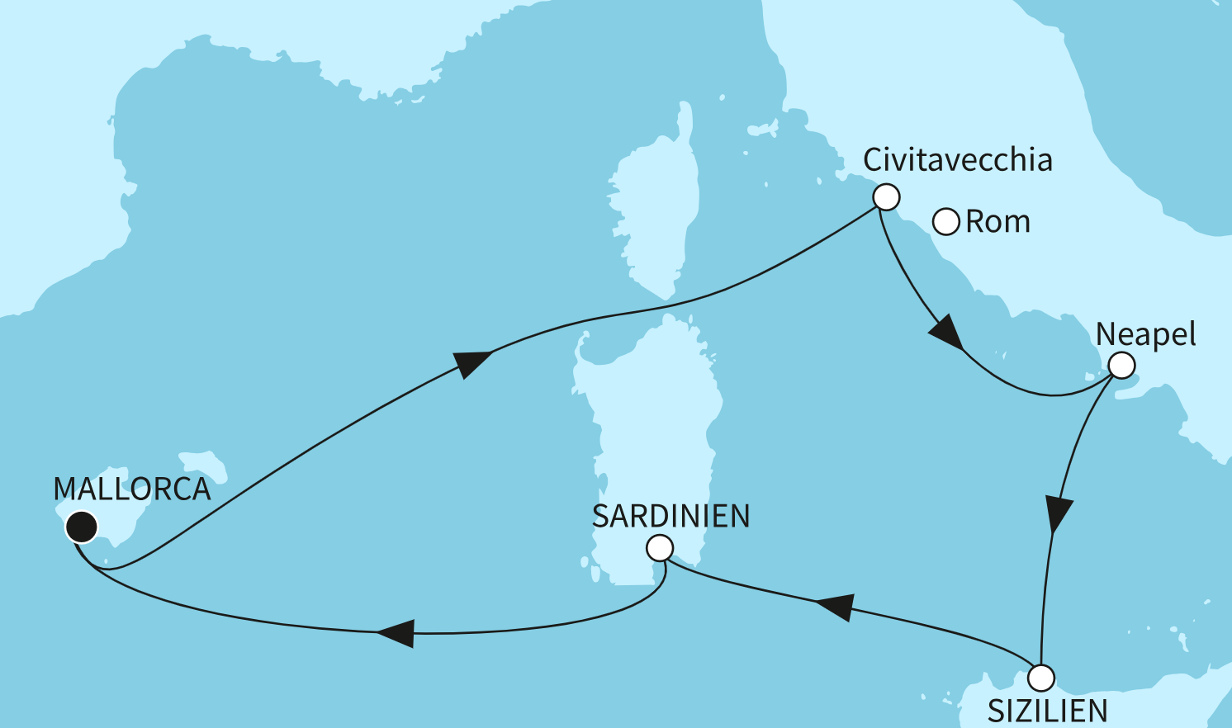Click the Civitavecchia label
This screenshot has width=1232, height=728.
tap(957, 160)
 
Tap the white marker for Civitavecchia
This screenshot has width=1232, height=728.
tap(886, 197)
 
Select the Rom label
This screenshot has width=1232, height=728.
tap(997, 222)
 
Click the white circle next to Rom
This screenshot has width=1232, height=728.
tap(945, 222)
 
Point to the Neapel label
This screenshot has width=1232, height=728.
tap(1145, 334)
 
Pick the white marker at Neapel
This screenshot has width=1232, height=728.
tap(1121, 366)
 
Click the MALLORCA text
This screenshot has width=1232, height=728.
tap(132, 489)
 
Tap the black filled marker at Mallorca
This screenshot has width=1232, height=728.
tap(82, 526)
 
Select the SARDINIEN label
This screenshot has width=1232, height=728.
tap(670, 517)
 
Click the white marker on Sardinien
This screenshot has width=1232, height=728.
tap(660, 547)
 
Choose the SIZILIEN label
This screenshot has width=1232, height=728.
tap(1047, 711)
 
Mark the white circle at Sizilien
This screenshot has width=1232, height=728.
tap(1041, 678)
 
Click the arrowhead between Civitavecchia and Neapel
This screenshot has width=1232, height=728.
tap(946, 333)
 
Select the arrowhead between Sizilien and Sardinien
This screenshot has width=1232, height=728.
tap(835, 607)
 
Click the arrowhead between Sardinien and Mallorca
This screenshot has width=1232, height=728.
tap(396, 633)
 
